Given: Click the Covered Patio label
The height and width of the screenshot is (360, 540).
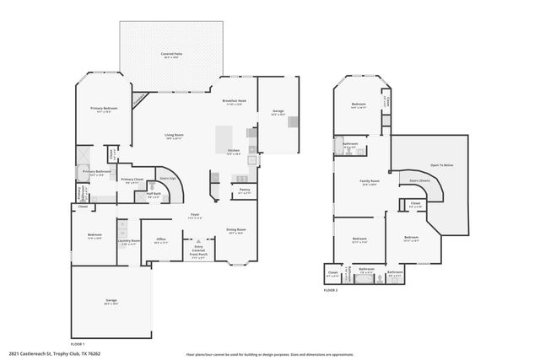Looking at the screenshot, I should click(174, 55).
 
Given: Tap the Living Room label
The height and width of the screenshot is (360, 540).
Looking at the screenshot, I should click(174, 137).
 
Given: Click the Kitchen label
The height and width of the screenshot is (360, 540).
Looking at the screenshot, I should click(234, 152).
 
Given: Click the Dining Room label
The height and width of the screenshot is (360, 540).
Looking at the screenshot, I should click(235, 231).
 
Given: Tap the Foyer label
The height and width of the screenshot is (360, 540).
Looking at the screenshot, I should click(194, 216).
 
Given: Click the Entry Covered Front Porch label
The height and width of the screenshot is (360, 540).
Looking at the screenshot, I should click(198, 252).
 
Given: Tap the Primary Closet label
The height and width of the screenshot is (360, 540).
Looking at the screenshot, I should click(132, 180).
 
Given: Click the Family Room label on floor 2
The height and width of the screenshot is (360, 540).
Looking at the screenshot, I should click(370, 182).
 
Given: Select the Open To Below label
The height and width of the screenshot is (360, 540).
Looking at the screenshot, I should click(441, 165).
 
